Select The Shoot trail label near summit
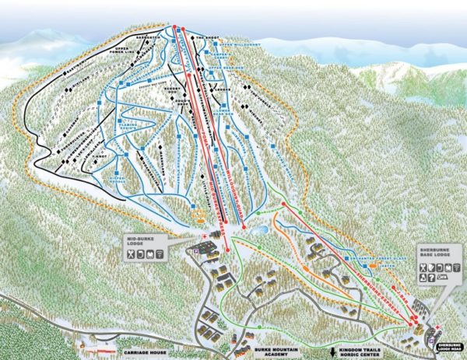coord(205,36)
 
